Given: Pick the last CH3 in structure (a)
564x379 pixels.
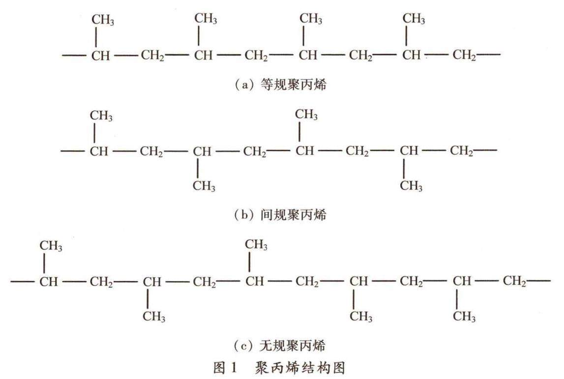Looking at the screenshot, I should [414, 19].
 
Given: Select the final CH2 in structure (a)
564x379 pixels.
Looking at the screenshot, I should [464, 55].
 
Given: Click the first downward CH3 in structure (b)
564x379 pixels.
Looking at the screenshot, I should [204, 186].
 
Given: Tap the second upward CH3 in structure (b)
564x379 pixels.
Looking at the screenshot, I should [306, 115].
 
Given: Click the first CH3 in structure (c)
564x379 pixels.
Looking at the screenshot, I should [51, 246].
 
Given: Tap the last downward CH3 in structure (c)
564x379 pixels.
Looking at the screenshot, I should [464, 317].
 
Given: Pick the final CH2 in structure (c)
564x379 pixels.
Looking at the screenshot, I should [515, 282].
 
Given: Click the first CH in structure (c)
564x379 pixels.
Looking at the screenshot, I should [48, 282].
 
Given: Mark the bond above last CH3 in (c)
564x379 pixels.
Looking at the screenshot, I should [457, 299].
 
